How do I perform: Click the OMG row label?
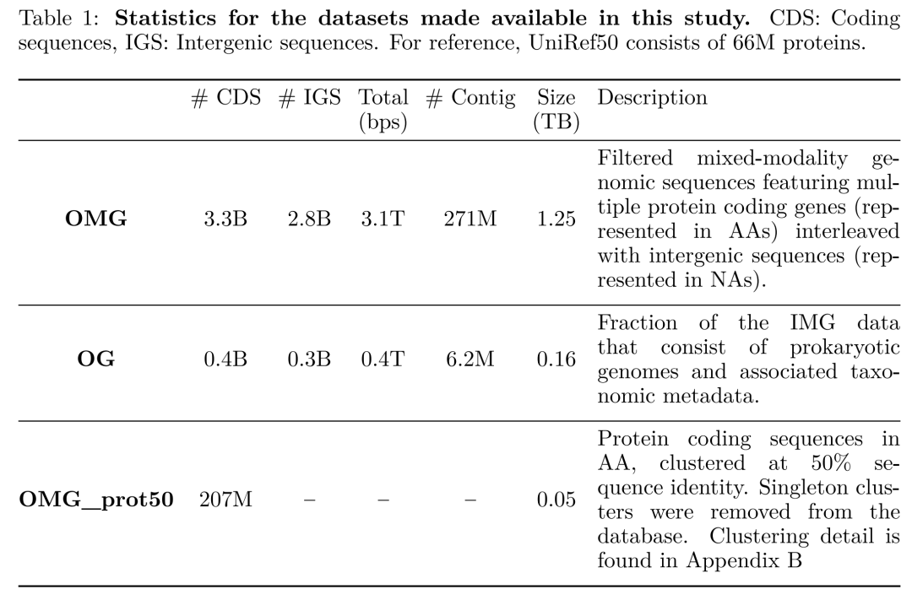(96, 219)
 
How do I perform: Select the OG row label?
(96, 359)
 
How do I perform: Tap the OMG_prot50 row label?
(96, 500)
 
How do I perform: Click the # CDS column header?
(226, 98)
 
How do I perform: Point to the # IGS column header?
(309, 98)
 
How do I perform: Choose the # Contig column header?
(470, 98)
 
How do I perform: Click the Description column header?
(652, 98)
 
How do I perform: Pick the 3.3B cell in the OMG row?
(225, 219)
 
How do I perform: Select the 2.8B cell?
(309, 219)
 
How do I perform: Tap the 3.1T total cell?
(383, 219)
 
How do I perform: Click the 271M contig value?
(470, 219)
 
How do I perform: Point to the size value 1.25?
(556, 219)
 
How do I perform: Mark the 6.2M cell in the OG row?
(470, 359)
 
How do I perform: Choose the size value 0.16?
(556, 359)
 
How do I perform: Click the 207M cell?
(225, 500)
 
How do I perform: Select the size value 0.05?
(556, 500)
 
